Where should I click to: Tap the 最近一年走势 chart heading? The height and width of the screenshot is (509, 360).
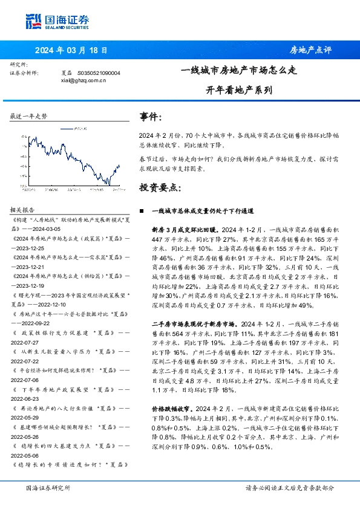[x=28, y=115]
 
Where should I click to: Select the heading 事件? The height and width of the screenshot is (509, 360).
[x=151, y=116]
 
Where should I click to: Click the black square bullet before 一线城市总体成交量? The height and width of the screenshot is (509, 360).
[x=141, y=211]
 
